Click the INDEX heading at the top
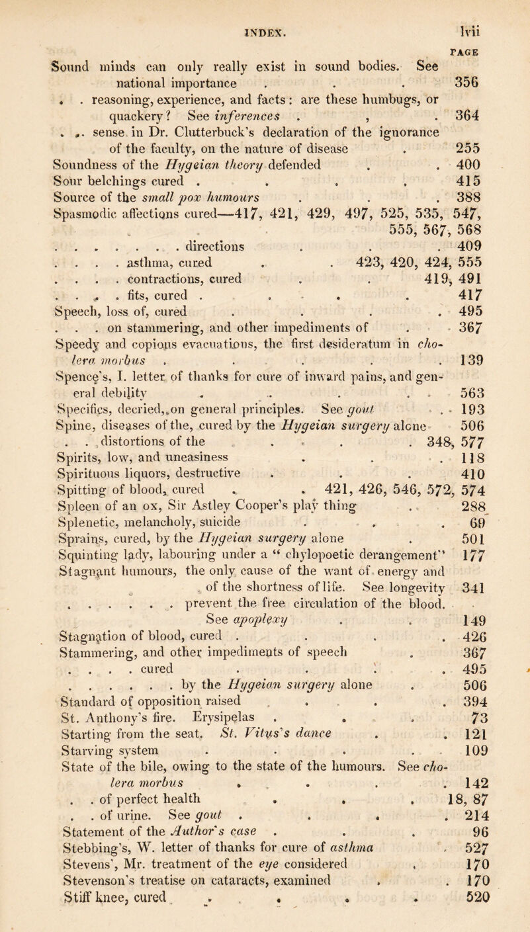click(x=265, y=11)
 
